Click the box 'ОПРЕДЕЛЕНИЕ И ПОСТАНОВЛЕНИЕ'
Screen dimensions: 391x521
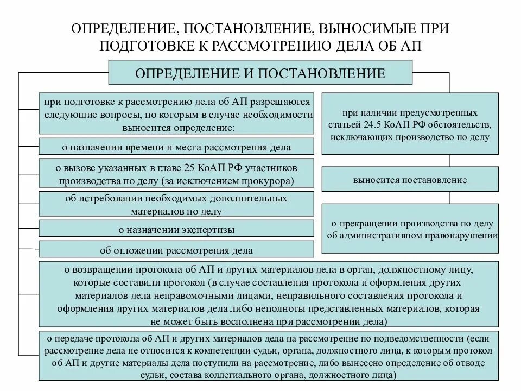pos(260,73)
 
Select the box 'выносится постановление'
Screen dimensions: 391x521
pos(409,179)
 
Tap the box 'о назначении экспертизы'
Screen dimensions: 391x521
pos(176,229)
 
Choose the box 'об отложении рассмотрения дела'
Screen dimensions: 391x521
pos(176,250)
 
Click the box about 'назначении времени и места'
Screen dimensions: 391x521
pos(176,147)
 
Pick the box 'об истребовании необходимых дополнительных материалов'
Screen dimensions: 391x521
pos(176,204)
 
